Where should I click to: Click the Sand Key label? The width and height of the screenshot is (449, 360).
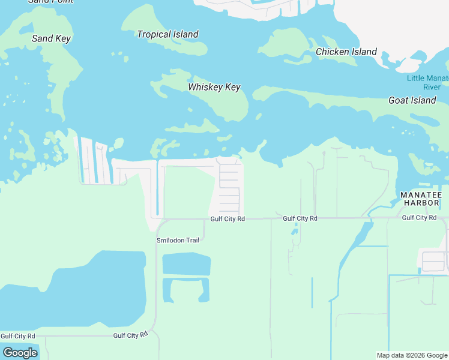pos(51,38)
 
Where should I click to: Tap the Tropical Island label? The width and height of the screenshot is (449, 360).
pos(167,34)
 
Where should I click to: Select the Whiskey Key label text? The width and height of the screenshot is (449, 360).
pos(214,87)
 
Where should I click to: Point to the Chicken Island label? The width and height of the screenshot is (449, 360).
pos(346,52)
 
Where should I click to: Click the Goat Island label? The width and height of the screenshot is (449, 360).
pos(412,100)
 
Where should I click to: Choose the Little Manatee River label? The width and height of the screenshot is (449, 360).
pos(427,82)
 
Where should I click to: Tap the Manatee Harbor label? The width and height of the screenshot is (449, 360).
pos(421,199)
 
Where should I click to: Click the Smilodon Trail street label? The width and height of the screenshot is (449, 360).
pos(178,240)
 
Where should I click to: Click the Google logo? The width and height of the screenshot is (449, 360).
pos(20,353)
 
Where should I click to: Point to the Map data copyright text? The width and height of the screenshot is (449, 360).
pos(412,355)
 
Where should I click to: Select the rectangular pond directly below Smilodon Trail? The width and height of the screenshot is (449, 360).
pos(186,264)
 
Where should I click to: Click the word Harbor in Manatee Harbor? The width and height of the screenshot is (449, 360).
pos(421,203)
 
